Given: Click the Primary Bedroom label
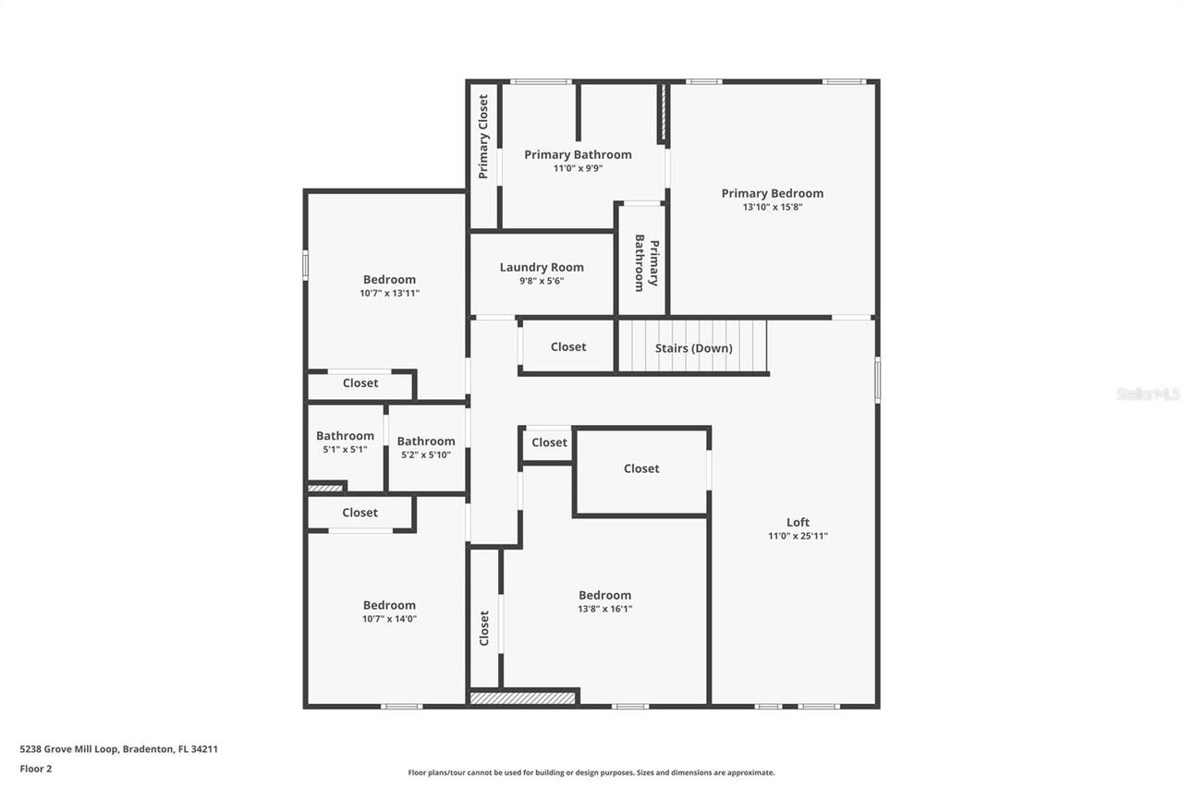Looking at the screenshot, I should click(772, 193).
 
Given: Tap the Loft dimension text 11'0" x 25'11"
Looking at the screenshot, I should click(798, 536).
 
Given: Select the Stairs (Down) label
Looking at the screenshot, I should click(693, 348).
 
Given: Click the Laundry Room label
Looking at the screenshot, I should click(542, 267).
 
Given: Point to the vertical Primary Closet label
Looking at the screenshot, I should click(483, 137).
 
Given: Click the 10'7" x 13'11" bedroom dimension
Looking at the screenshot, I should click(389, 293).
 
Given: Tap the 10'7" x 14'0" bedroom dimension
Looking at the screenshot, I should click(389, 619).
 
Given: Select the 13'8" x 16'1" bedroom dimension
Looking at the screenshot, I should click(604, 609).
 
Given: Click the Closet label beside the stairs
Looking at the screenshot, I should click(568, 346).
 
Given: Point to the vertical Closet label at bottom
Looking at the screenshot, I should click(483, 628).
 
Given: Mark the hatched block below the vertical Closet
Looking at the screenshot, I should click(523, 697).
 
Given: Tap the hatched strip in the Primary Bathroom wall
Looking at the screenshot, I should click(662, 114).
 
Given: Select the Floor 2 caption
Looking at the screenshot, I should click(36, 768).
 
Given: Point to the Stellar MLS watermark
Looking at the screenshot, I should click(1148, 394).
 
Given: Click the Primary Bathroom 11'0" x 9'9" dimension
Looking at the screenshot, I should click(578, 168).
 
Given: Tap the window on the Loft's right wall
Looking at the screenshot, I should click(877, 380).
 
